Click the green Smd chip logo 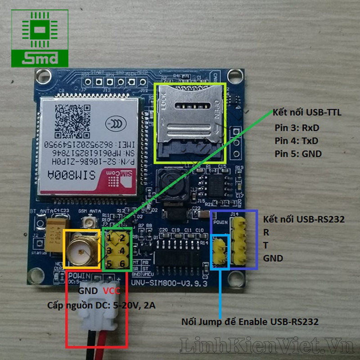(40, 38)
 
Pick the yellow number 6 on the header (122, 263)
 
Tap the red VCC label (112, 291)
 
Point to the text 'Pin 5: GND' (298, 153)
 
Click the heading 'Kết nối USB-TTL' (306, 112)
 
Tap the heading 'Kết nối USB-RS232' (304, 220)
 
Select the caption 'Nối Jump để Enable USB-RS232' (250, 322)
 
